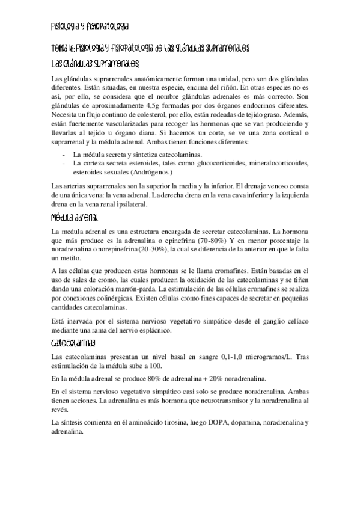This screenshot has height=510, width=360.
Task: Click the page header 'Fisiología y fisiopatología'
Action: [x=90, y=27]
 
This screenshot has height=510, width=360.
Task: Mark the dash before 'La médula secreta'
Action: [x=64, y=155]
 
